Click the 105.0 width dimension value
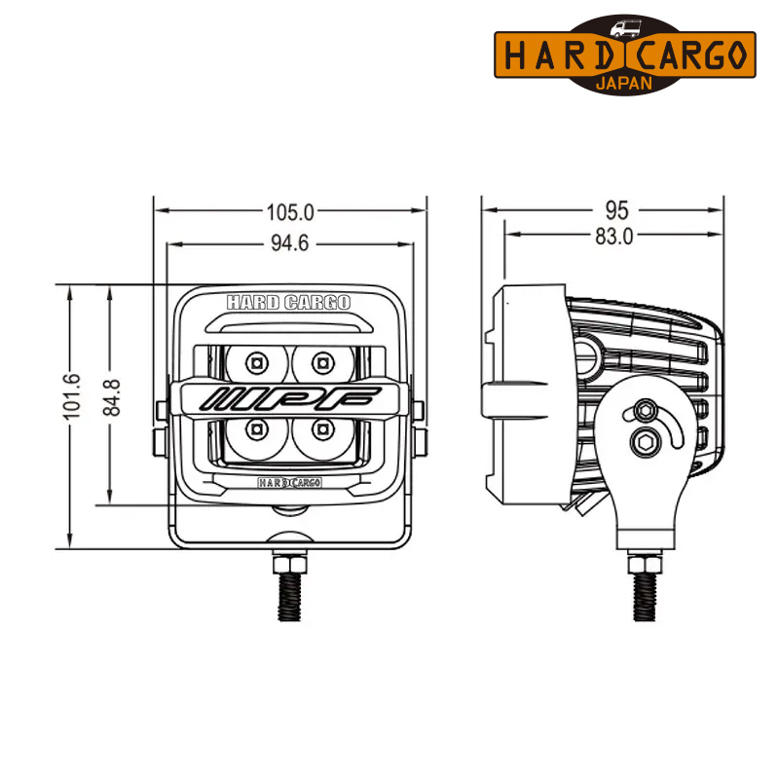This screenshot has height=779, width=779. [x=290, y=212]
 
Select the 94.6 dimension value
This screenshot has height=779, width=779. [x=289, y=243]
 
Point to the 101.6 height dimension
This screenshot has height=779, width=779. [x=72, y=396]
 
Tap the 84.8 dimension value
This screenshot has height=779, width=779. [x=112, y=397]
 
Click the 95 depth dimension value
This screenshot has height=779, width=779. [x=616, y=210]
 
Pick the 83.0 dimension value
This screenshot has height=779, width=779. [x=614, y=237]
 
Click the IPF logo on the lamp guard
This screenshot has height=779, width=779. [x=289, y=398]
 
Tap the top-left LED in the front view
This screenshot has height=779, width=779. [x=257, y=363]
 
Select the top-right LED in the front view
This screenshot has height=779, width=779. [x=323, y=363]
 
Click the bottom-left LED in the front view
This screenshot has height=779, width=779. [x=257, y=428]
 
